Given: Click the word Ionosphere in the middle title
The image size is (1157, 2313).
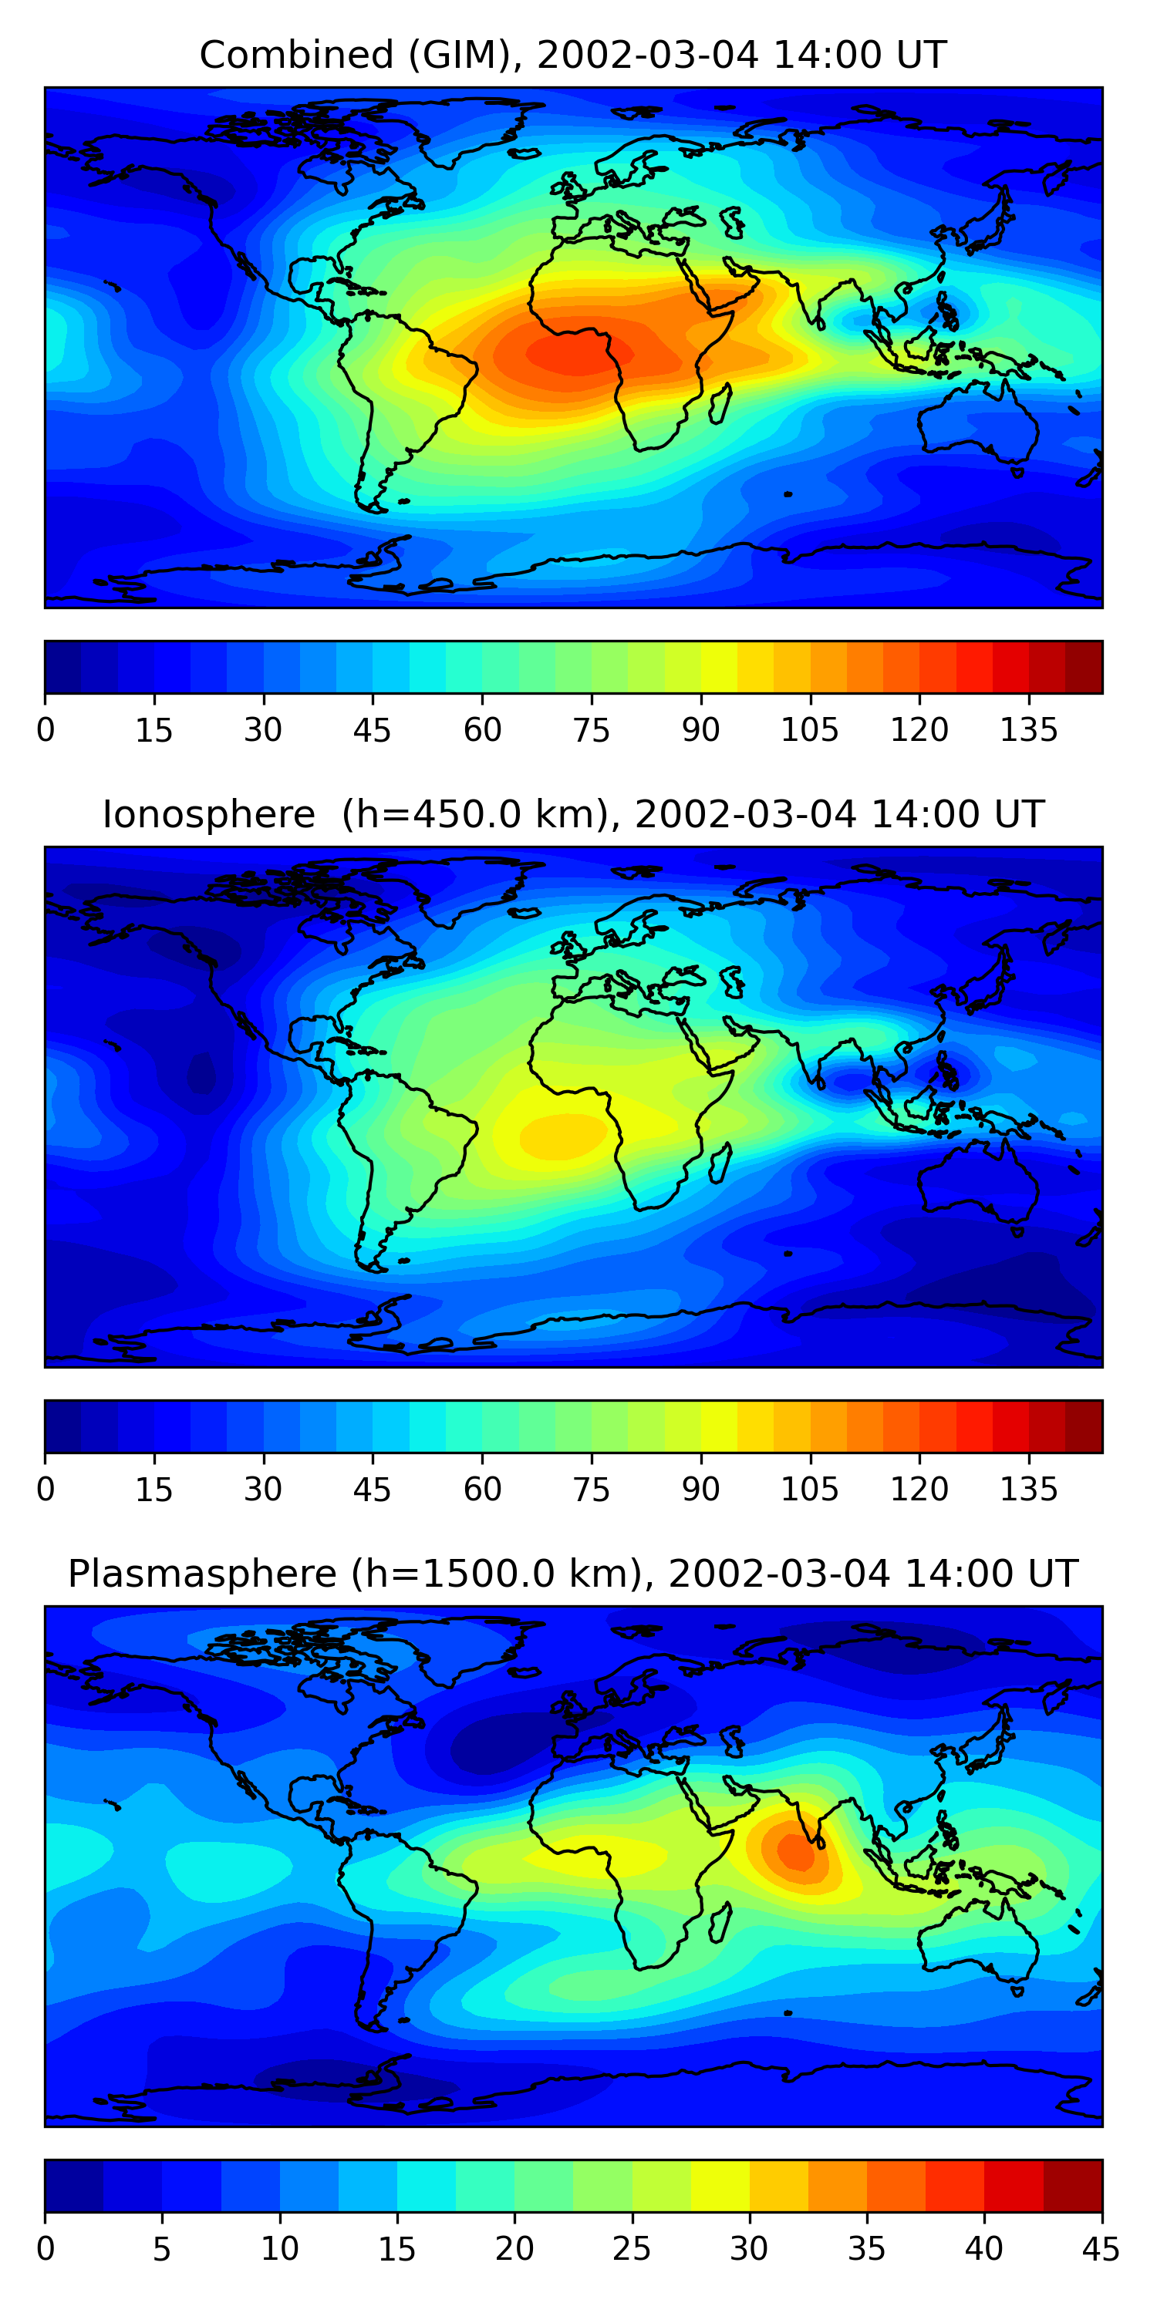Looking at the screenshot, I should [x=208, y=815].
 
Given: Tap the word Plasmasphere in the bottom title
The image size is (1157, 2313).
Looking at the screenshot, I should [x=202, y=1574].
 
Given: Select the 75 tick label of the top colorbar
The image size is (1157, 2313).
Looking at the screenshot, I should [x=591, y=730].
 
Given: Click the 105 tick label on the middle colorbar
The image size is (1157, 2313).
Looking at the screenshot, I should [x=809, y=1490].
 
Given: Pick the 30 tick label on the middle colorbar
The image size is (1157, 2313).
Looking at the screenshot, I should [x=263, y=1490].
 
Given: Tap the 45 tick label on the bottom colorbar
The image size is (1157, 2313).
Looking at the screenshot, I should [x=1101, y=2248].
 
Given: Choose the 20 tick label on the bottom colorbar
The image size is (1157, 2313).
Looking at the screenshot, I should [x=514, y=2248].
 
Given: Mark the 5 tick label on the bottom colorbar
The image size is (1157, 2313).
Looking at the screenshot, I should [x=162, y=2248].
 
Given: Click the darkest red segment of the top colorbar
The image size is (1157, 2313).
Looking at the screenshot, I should [x=1084, y=667].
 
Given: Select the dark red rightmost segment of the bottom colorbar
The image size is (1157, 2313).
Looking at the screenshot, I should [x=1073, y=2186].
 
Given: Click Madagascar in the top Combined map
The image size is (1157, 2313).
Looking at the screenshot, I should [x=720, y=405].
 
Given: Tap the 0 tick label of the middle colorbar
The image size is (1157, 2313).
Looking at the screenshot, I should [x=46, y=1490].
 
